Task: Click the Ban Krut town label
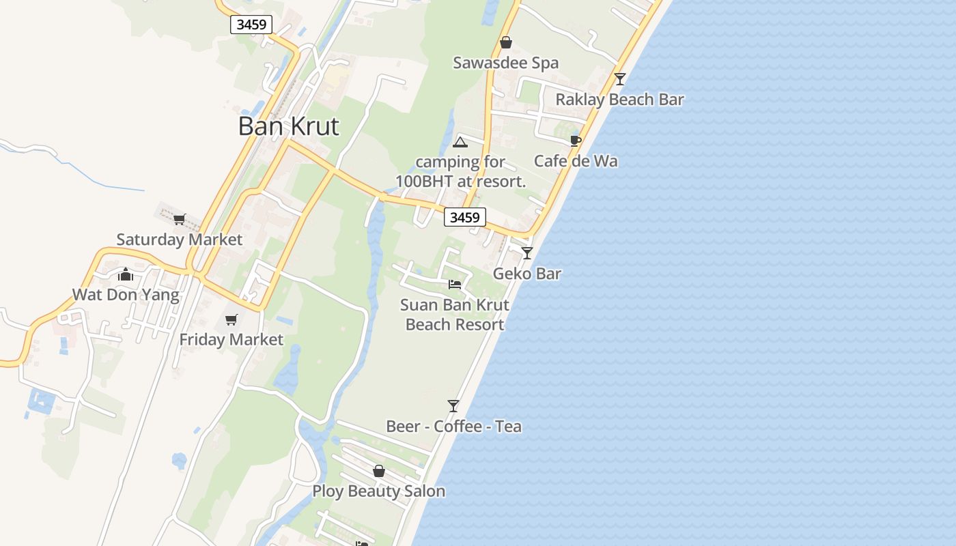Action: [288, 126]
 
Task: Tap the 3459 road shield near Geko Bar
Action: [465, 217]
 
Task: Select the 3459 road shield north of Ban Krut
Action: [252, 25]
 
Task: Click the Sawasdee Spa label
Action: [506, 63]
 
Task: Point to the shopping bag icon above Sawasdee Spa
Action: [506, 43]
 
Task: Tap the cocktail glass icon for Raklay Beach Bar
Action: [619, 79]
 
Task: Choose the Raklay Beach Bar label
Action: [619, 100]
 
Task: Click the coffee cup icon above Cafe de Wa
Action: [576, 141]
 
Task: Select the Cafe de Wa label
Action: [576, 161]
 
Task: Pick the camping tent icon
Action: [460, 142]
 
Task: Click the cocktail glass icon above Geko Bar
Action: [527, 253]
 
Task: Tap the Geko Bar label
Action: [527, 274]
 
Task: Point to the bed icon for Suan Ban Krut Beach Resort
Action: [455, 284]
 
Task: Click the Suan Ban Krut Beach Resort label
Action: [455, 315]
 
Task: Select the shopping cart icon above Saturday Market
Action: [180, 219]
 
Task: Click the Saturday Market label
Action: [180, 240]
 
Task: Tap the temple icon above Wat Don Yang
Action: [126, 274]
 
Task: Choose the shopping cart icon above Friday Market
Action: [231, 319]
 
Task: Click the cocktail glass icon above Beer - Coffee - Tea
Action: [453, 406]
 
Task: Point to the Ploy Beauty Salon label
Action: [379, 491]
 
